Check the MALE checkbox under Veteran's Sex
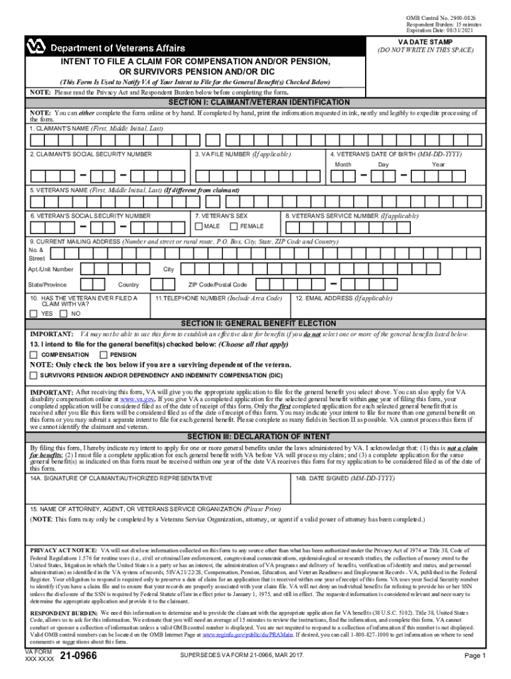tap(198, 227)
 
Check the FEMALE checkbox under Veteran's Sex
tap(233, 227)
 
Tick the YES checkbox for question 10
tap(34, 313)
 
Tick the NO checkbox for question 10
tap(64, 313)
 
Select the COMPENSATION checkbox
tap(33, 355)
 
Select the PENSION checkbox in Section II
tap(103, 355)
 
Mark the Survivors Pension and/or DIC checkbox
tap(33, 375)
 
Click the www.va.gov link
tap(137, 400)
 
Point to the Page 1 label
tap(475, 656)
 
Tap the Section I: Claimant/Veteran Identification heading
tap(259, 102)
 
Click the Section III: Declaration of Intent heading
tap(259, 436)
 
